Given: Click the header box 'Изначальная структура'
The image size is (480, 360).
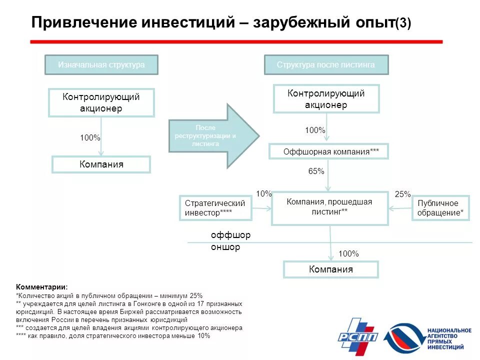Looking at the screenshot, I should click(101, 65).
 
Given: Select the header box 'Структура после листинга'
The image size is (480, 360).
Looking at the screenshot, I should click(325, 65).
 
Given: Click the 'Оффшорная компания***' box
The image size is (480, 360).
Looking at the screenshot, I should click(328, 151).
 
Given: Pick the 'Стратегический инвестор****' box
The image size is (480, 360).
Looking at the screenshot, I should click(215, 208).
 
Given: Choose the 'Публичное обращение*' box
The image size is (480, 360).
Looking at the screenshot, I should click(440, 208).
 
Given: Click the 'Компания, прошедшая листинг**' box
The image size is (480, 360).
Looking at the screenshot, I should click(329, 207).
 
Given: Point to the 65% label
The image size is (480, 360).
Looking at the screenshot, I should click(316, 171).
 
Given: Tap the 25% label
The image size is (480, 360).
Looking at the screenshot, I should click(402, 194).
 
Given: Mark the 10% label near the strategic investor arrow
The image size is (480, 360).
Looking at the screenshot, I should click(263, 194).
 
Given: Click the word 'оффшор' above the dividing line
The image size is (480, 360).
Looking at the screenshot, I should click(230, 235).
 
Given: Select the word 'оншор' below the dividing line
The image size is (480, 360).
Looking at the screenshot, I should click(225, 247).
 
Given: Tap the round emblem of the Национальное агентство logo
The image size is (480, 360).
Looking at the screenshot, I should click(404, 338).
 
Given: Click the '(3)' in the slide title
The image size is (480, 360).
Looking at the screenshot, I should click(403, 23).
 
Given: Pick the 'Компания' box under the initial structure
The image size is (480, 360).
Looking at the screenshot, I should click(101, 164).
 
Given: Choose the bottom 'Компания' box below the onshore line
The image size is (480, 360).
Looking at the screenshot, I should click(330, 269).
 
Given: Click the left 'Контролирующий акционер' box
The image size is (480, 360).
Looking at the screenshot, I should click(101, 102).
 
